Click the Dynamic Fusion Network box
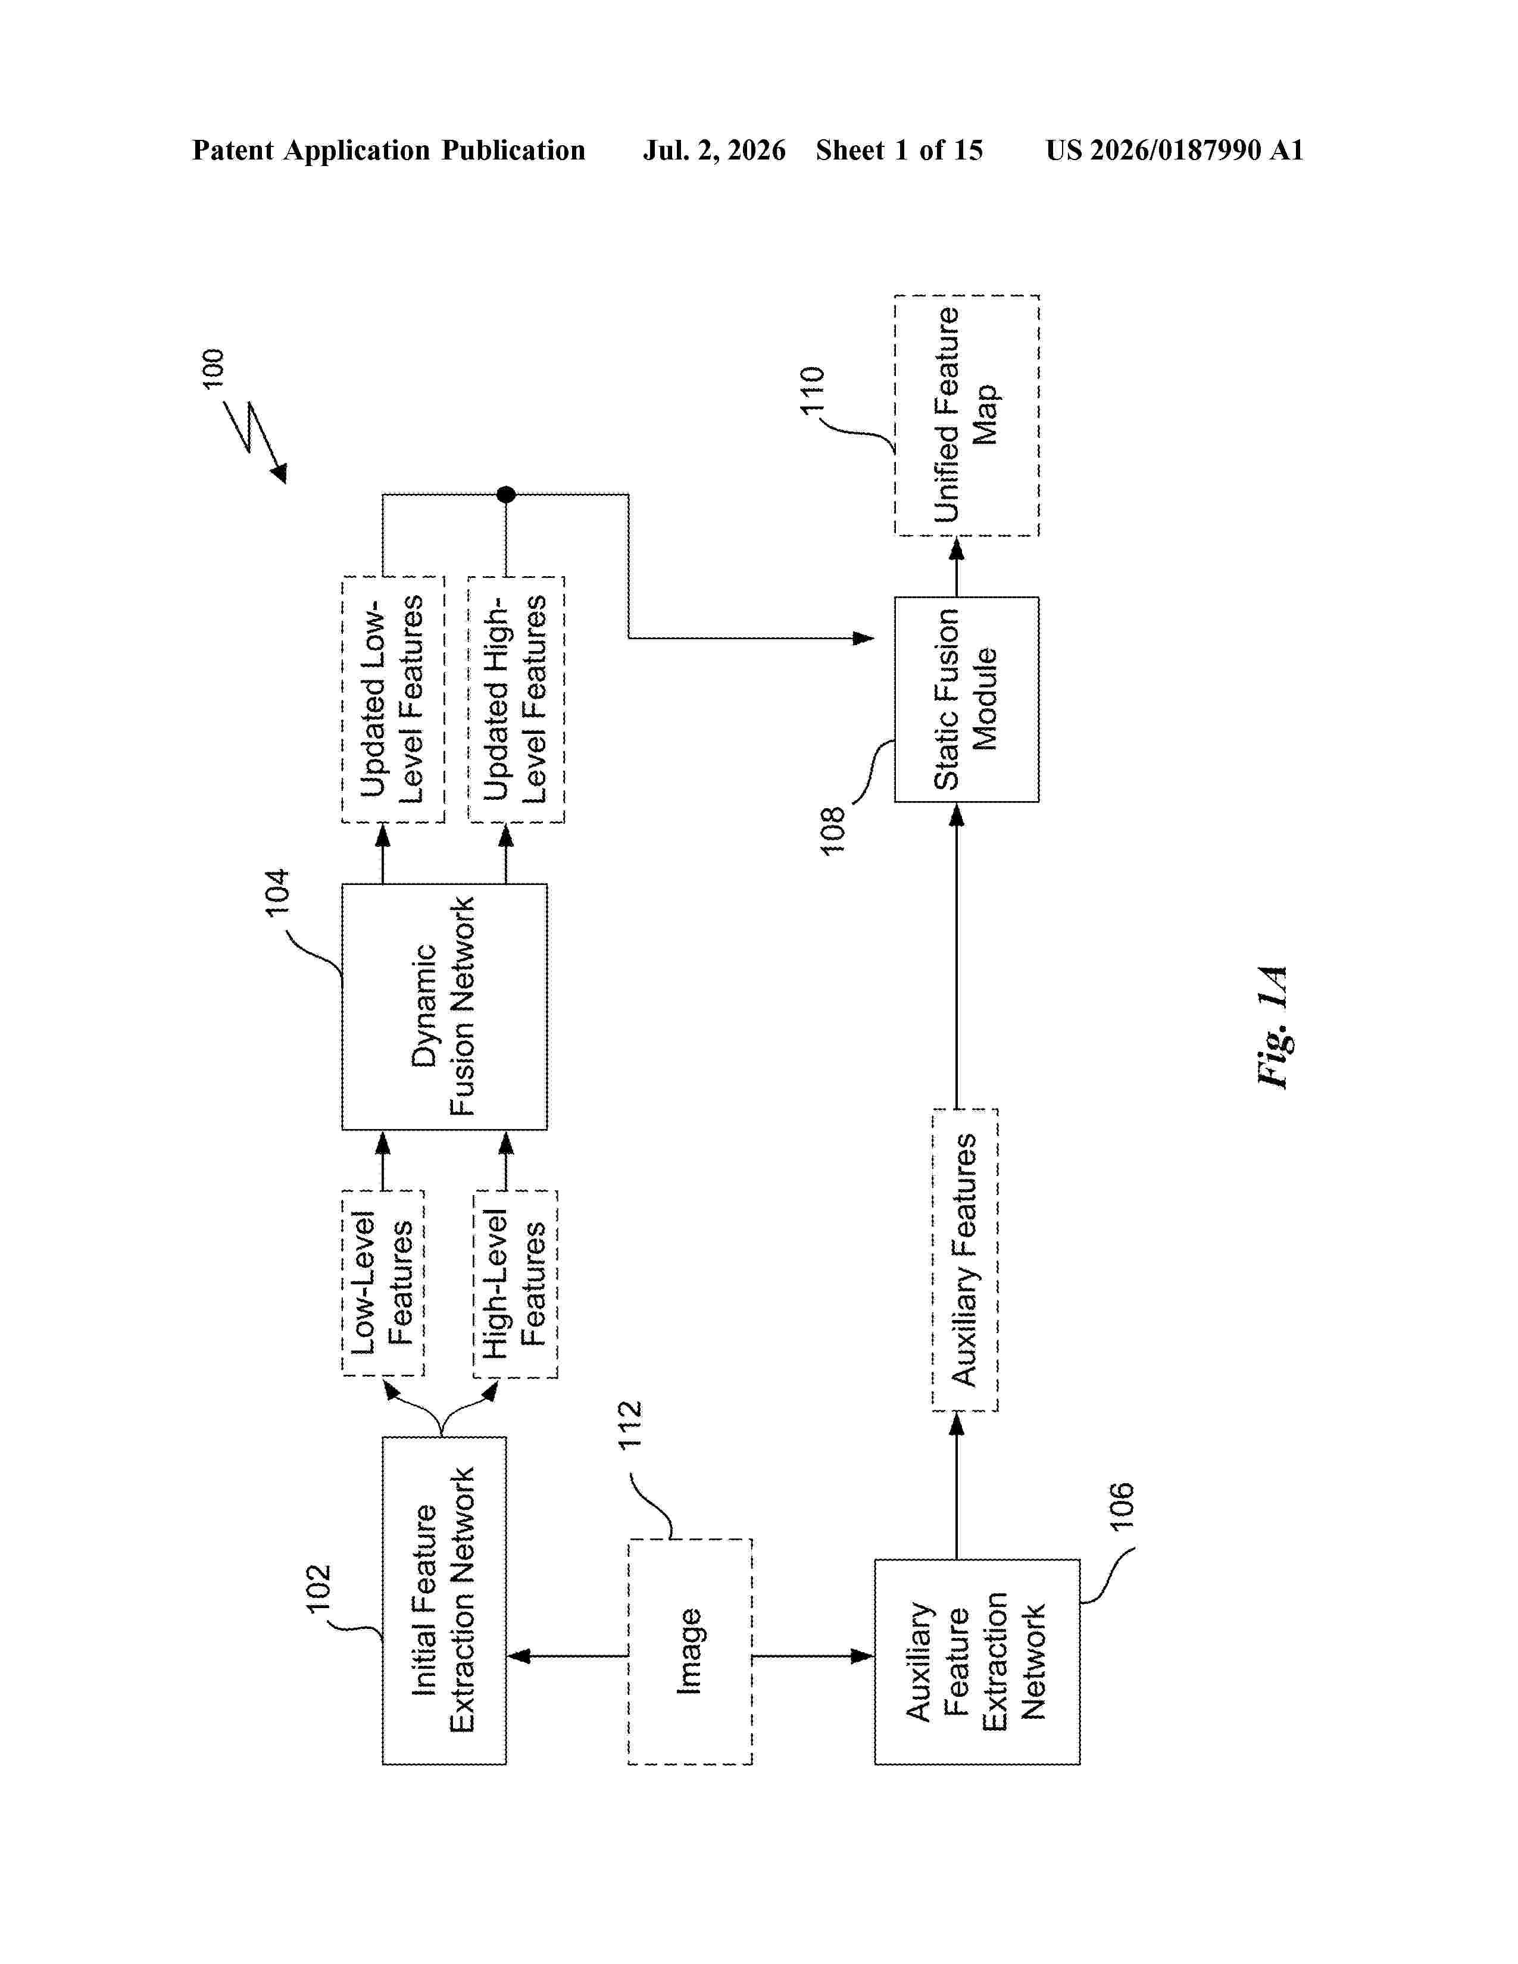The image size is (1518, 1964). [x=444, y=1006]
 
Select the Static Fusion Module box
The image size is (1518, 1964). [x=967, y=699]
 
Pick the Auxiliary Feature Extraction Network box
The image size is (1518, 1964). [x=977, y=1662]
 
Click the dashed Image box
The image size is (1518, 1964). [x=690, y=1652]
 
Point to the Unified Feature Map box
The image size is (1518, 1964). [x=967, y=415]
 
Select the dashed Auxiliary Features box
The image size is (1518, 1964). [x=965, y=1260]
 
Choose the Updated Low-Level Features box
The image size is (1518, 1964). [x=393, y=699]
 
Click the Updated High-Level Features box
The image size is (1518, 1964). [x=516, y=699]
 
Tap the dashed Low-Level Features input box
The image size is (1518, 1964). [x=383, y=1283]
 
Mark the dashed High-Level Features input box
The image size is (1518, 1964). [x=516, y=1283]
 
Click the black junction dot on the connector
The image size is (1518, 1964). [x=507, y=494]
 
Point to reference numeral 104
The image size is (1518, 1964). [x=277, y=892]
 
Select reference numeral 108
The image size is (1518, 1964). [x=833, y=830]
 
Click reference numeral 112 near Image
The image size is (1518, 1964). [x=629, y=1424]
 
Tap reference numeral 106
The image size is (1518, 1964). [x=1122, y=1506]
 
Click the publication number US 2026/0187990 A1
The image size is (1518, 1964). [x=1175, y=150]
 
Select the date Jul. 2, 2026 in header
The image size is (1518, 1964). [x=714, y=150]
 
